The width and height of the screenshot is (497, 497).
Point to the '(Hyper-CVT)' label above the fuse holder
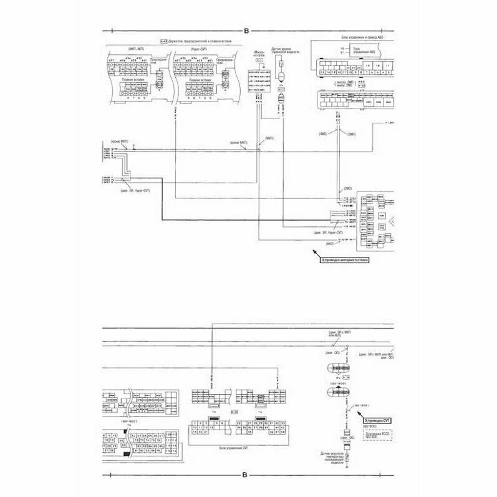[x=200, y=48]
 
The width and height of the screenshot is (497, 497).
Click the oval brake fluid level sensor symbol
[x=281, y=75]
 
